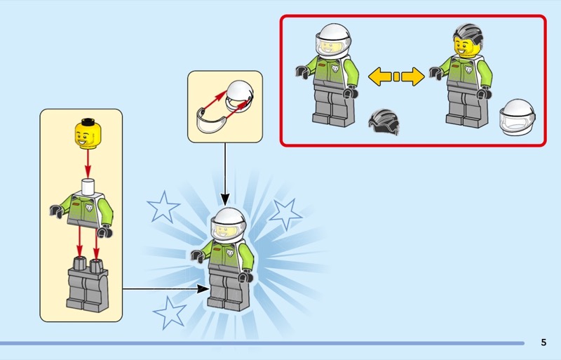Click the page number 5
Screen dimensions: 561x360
pos(543,342)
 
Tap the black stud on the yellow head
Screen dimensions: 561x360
pos(88,122)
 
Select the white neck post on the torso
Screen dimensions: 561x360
pos(88,187)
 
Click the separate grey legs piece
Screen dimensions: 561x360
pos(87,284)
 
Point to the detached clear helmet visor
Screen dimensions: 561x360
pos(211,121)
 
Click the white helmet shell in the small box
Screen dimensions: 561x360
pos(240,95)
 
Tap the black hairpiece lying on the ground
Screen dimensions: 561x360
pos(384,122)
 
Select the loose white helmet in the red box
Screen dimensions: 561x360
pos(518,117)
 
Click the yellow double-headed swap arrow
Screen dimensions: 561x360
pos(396,76)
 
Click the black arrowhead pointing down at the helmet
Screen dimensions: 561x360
pos(225,199)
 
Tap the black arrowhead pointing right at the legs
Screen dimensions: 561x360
pos(203,288)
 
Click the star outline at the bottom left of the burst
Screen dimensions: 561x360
pos(169,313)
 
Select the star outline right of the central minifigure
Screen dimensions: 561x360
pos(285,214)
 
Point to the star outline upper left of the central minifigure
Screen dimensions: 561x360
pos(163,207)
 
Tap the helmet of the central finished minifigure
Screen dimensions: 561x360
pos(229,225)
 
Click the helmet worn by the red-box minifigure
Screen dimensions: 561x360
pos(333,41)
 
